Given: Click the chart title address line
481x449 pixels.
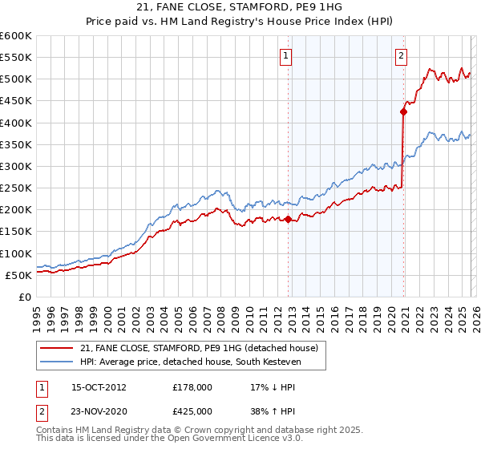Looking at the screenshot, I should (240, 7).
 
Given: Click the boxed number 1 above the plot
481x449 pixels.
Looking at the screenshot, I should (286, 56).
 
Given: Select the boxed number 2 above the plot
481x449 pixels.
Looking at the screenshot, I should (401, 56).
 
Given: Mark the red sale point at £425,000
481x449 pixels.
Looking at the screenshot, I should (403, 112).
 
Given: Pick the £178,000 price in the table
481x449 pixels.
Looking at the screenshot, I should (192, 386).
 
